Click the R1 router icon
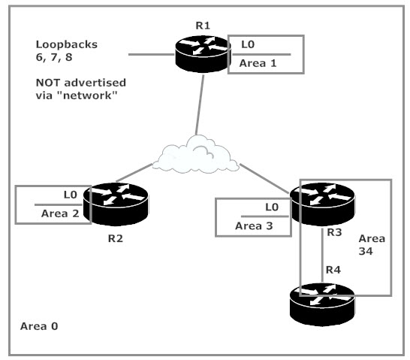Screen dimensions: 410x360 (x=203, y=54)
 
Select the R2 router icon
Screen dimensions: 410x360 (x=116, y=204)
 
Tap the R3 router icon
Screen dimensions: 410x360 (x=322, y=204)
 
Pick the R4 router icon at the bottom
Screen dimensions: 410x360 (x=322, y=304)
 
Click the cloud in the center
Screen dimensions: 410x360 (x=196, y=155)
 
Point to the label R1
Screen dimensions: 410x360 (x=203, y=26)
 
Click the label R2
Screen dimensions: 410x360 (x=116, y=238)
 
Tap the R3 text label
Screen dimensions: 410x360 (x=334, y=232)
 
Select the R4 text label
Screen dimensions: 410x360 (x=333, y=270)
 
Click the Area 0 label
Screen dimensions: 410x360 (x=39, y=326)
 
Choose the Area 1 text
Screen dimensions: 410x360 (x=258, y=63)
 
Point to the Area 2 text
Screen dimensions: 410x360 (x=60, y=213)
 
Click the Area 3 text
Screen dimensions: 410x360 (x=254, y=226)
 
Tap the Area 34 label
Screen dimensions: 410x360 (x=372, y=245)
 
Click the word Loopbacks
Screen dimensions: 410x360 (x=66, y=44)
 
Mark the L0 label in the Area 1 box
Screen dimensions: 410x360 (x=248, y=44)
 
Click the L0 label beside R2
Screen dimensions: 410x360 (x=71, y=195)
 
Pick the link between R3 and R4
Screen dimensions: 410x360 (x=322, y=256)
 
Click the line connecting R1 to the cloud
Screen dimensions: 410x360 (x=200, y=105)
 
